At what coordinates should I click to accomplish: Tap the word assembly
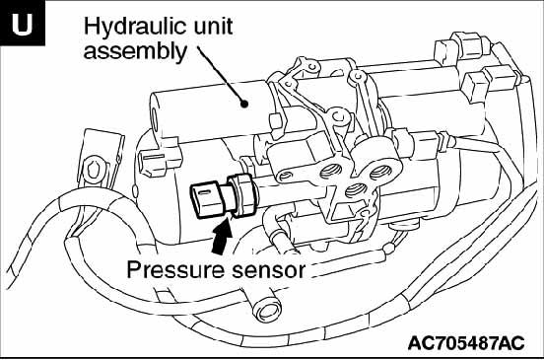pos(135,52)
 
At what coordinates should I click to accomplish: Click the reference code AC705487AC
pos(466,343)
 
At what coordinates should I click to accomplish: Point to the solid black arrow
pos(222,236)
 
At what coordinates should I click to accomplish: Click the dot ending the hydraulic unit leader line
pos(244,104)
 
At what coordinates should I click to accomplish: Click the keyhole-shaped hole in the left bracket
pos(94,170)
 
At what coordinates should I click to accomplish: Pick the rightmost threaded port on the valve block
pos(380,172)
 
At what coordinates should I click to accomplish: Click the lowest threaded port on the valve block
pos(355,189)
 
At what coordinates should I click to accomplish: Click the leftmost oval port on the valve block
pos(285,176)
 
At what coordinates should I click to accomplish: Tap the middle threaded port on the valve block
pos(330,171)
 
